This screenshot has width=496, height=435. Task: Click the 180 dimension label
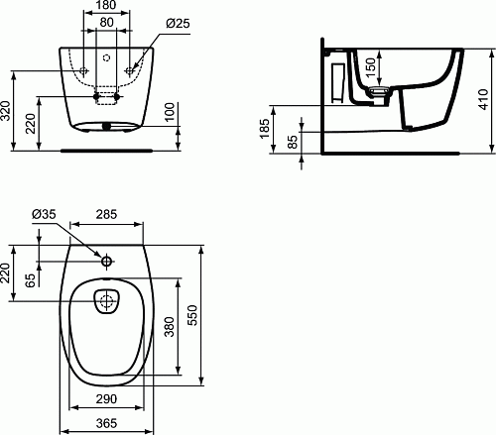(106, 5)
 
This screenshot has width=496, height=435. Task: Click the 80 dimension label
(106, 22)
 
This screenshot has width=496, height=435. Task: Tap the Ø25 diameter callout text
(178, 23)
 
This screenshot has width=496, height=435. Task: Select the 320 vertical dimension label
(6, 111)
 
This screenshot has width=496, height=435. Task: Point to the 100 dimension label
(170, 112)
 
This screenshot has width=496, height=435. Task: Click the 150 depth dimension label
(371, 67)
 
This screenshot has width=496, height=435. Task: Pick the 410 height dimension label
(483, 99)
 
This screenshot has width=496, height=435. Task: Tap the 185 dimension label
(265, 129)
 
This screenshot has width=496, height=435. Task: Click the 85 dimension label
(293, 142)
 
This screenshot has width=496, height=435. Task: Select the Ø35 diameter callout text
(44, 214)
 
